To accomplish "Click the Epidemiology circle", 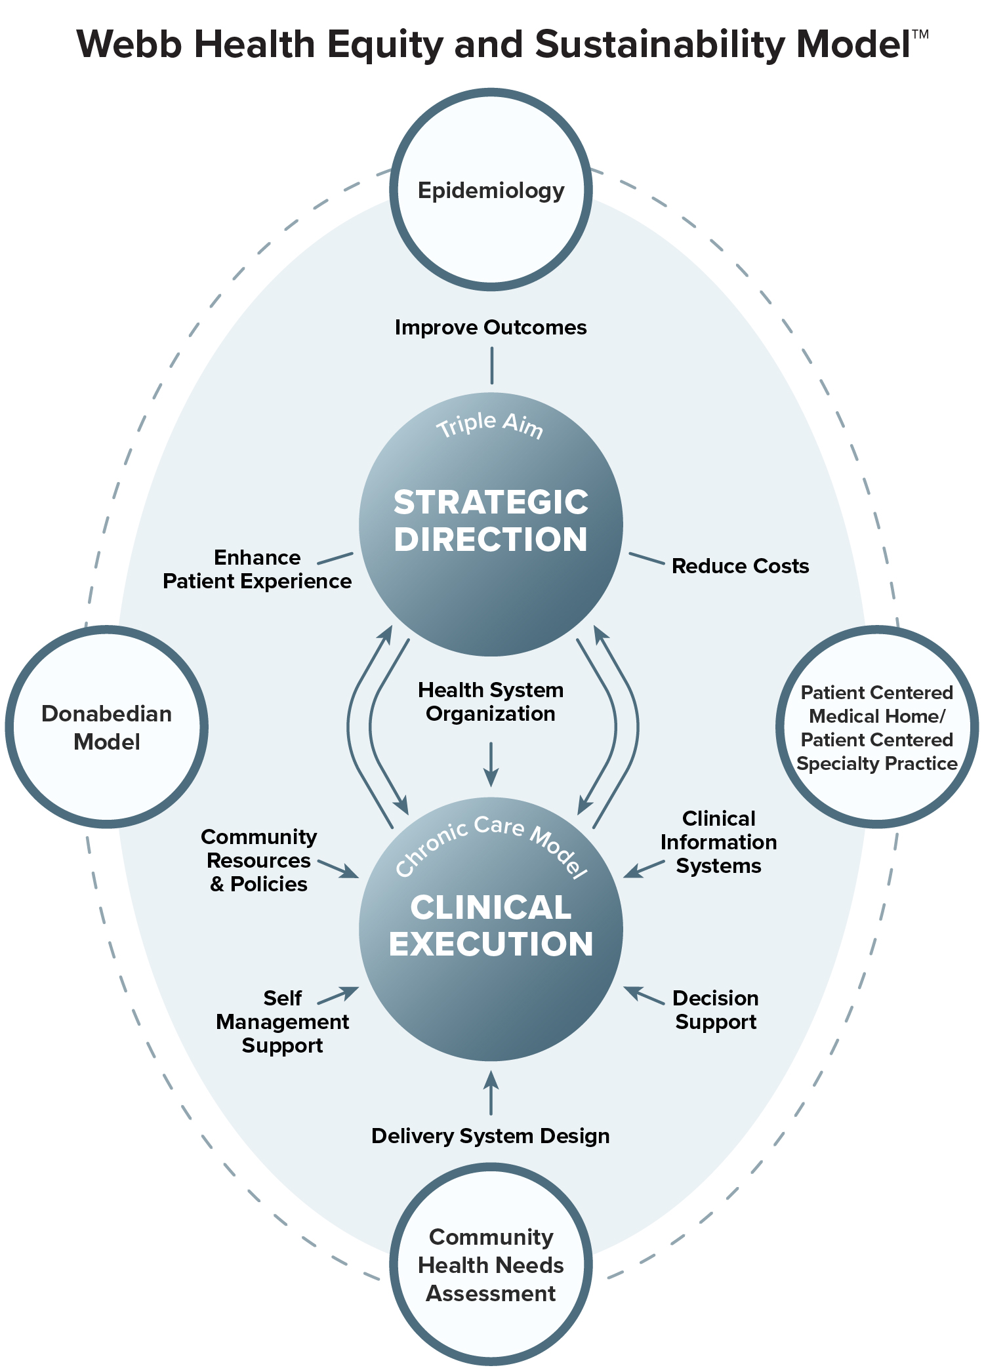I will click(491, 190).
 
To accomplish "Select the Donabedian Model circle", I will click(107, 727).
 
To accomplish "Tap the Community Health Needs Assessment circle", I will click(491, 1264).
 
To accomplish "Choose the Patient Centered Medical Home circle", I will click(877, 727).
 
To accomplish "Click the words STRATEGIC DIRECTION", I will click(491, 521).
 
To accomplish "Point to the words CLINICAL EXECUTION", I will click(491, 925).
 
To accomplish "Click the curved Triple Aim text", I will click(490, 424).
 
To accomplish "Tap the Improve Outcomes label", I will click(491, 327).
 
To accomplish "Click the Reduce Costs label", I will click(740, 566).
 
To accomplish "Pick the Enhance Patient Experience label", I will click(257, 569).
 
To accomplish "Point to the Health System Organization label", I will click(491, 702).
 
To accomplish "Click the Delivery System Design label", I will click(491, 1136).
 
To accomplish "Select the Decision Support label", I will click(716, 1010).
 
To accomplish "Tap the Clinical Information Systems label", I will click(719, 842).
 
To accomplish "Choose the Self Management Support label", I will click(283, 1022).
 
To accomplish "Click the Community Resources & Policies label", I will click(259, 860).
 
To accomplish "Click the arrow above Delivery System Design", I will click(491, 1093).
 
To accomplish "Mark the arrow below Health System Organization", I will click(491, 765).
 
